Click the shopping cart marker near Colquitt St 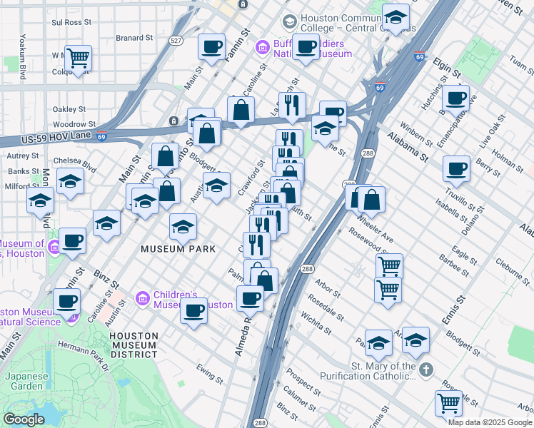[x=78, y=56]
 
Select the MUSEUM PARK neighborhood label [x=172, y=250]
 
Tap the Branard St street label [x=134, y=37]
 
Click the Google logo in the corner [x=24, y=419]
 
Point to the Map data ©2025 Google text [x=490, y=422]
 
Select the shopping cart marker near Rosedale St [x=388, y=288]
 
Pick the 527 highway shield [x=176, y=41]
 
